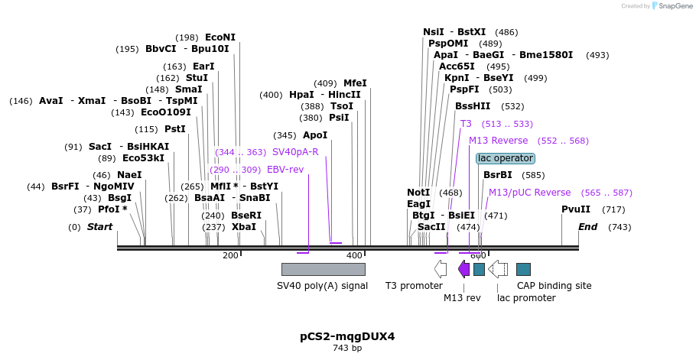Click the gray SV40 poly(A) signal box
pyautogui.click(x=323, y=269)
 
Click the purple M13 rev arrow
pyautogui.click(x=463, y=268)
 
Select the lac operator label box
pyautogui.click(x=505, y=158)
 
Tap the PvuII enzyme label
pyautogui.click(x=576, y=209)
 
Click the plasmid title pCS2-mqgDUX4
pyautogui.click(x=347, y=336)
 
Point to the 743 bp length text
pyautogui.click(x=347, y=349)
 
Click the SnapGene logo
pyautogui.click(x=671, y=6)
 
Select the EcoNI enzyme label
pyautogui.click(x=220, y=37)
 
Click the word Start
pyautogui.click(x=99, y=227)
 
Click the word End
pyautogui.click(x=587, y=227)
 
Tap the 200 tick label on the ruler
pyautogui.click(x=230, y=255)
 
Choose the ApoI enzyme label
pyautogui.click(x=315, y=135)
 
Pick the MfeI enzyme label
pyautogui.click(x=355, y=83)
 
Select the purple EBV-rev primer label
pyautogui.click(x=285, y=170)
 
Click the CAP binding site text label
pyautogui.click(x=554, y=286)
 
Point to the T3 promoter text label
pyautogui.click(x=413, y=286)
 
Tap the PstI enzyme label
pyautogui.click(x=175, y=129)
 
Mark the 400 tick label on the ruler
pyautogui.click(x=353, y=255)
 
